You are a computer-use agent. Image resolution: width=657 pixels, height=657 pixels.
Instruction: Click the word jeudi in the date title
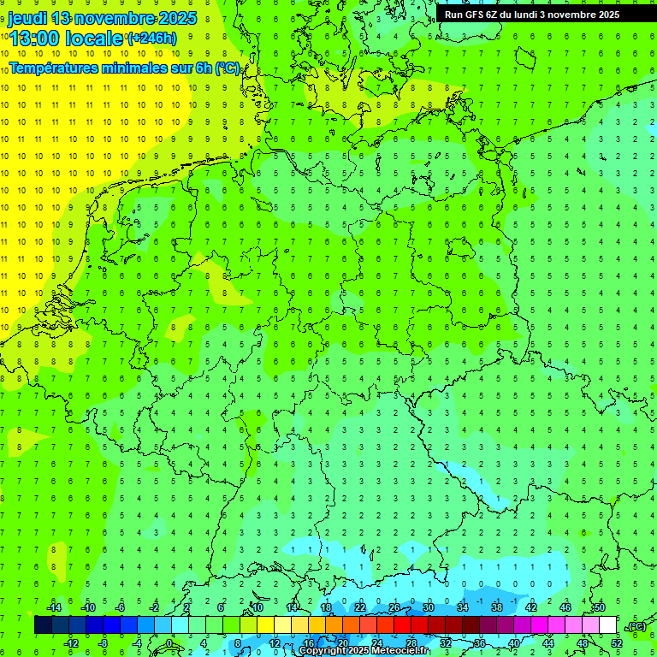(27, 18)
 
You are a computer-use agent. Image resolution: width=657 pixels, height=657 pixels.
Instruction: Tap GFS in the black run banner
(473, 15)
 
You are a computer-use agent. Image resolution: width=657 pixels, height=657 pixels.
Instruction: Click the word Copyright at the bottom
(326, 651)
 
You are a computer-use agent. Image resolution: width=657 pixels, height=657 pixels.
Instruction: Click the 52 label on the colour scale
(617, 642)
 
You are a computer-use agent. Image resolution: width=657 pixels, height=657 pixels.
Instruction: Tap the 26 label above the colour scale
(394, 607)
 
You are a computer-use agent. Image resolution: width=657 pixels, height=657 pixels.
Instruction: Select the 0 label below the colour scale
(169, 642)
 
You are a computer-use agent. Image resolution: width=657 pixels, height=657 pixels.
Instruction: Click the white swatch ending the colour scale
(608, 625)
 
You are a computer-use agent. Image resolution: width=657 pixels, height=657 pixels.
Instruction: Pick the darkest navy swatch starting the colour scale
(44, 625)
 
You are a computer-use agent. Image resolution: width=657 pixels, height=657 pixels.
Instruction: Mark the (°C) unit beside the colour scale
(636, 626)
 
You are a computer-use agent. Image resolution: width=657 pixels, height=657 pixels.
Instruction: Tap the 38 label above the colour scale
(497, 607)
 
